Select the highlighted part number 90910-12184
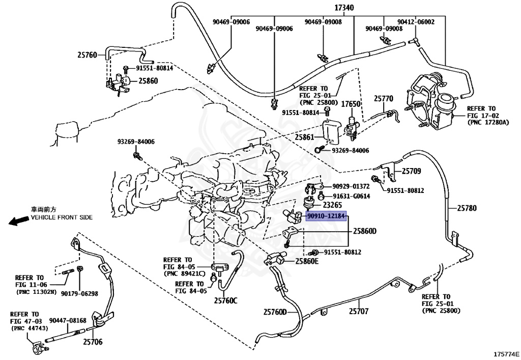(326, 216)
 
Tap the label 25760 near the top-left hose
(88, 55)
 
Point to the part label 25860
(148, 80)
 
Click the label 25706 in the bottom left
(93, 342)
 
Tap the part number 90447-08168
(68, 320)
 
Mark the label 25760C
(225, 300)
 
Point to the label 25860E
(307, 262)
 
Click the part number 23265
(332, 205)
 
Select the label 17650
(350, 103)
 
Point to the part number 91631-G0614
(351, 196)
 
